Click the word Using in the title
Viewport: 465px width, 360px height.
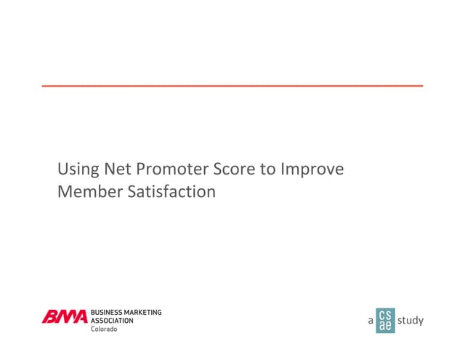click(76, 170)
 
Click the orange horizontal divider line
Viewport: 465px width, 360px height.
click(232, 86)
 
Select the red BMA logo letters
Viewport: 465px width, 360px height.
click(65, 316)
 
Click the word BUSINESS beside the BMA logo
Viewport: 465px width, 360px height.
click(106, 312)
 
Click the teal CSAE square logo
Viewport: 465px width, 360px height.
click(385, 320)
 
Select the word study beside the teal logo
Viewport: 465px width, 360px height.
click(411, 320)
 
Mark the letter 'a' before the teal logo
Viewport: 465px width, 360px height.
click(371, 321)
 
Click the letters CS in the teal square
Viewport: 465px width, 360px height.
click(385, 314)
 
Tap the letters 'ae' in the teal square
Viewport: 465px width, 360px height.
click(385, 326)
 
